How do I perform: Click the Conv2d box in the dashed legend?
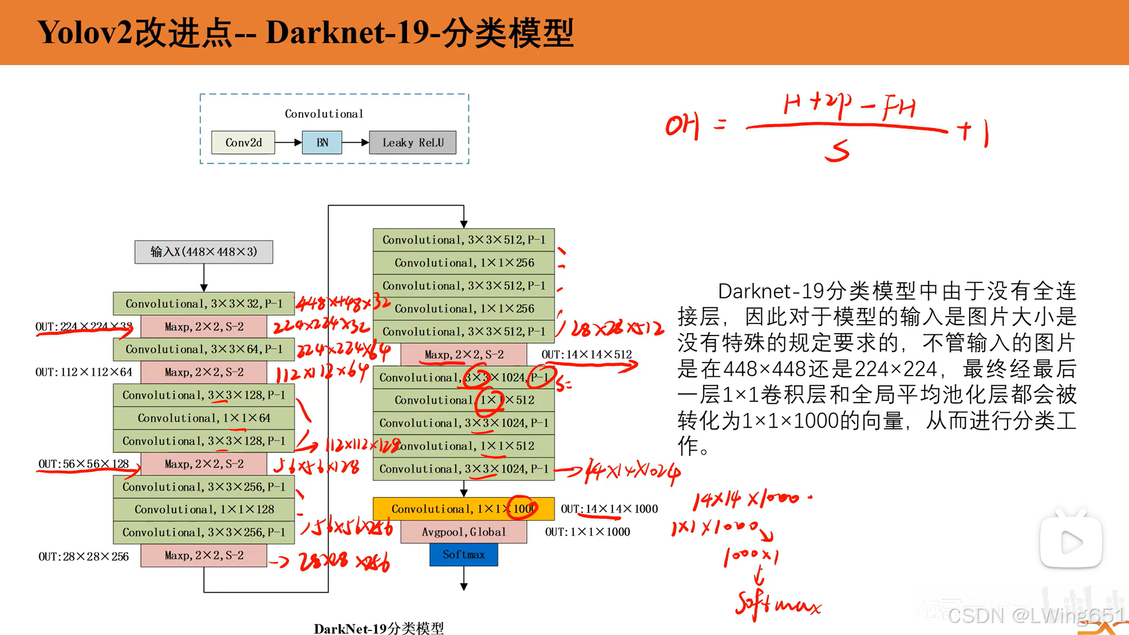243,143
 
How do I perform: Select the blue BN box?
322,143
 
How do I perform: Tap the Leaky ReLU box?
413,143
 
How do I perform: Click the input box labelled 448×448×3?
204,252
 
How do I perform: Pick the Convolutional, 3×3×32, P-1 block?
204,303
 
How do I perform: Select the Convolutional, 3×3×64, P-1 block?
204,349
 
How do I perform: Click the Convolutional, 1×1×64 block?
204,418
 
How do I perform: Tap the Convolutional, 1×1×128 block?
204,510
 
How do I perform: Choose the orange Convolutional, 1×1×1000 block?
463,509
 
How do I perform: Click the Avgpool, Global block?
463,532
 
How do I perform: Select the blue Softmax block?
463,555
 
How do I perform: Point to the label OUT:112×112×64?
84,372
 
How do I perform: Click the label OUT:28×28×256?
84,557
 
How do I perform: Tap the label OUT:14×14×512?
587,354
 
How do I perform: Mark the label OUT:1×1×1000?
587,532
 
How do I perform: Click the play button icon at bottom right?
1071,542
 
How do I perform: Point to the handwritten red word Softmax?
777,605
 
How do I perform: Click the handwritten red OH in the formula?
682,125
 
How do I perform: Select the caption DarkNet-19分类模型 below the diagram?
378,628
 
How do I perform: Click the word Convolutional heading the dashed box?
324,114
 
